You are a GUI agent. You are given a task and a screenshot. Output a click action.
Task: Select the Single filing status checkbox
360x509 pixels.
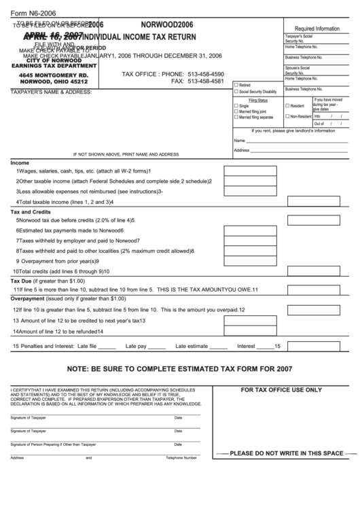tap(236, 107)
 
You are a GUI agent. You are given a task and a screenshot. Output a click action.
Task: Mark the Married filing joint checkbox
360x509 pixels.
tap(236, 112)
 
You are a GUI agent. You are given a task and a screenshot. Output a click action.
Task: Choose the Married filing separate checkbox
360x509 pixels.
tap(236, 118)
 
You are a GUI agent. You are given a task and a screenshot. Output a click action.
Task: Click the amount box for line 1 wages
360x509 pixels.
tap(249, 171)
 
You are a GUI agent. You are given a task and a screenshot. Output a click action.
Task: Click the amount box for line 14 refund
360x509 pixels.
tap(250, 331)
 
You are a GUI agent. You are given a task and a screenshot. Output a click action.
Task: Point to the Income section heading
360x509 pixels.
tap(20, 163)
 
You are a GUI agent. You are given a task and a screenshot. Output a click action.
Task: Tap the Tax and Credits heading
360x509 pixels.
tap(31, 212)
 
